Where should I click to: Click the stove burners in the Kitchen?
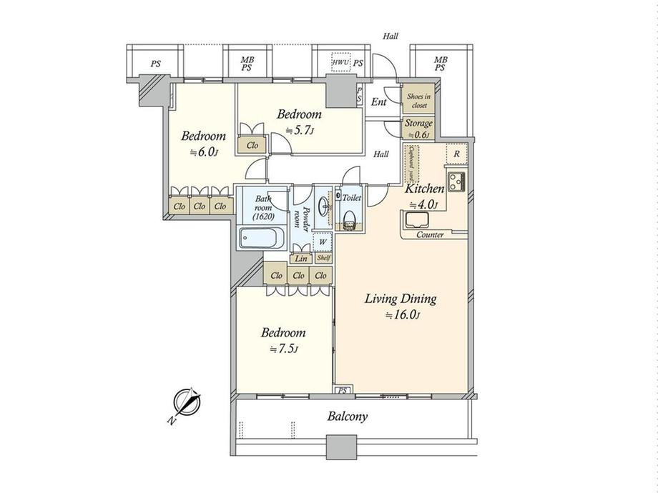pos(456,179)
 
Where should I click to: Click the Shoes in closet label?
pos(417,101)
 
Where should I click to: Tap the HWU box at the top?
pos(340,64)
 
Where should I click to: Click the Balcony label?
pos(348,417)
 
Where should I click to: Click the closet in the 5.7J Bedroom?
pos(252,145)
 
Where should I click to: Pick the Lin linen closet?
pos(301,259)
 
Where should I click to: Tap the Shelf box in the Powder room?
pos(323,258)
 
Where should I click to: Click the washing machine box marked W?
pos(323,241)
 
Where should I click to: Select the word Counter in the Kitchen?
pos(429,235)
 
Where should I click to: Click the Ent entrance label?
pos(379,102)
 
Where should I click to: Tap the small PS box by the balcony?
pos(343,390)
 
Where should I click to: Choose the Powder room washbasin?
pos(324,205)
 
